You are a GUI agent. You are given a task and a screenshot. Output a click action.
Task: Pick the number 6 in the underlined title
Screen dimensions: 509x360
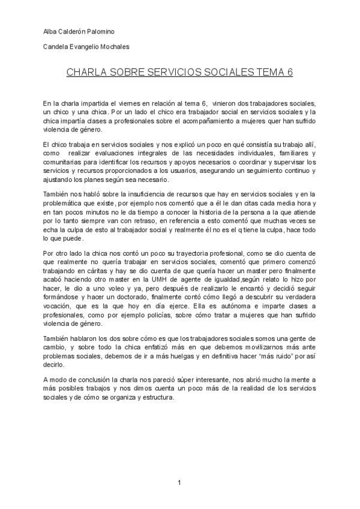(x=290, y=73)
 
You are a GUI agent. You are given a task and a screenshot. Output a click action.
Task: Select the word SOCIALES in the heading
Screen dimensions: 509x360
(x=223, y=73)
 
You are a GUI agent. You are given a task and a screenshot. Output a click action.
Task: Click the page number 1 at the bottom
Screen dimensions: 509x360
(x=179, y=483)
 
